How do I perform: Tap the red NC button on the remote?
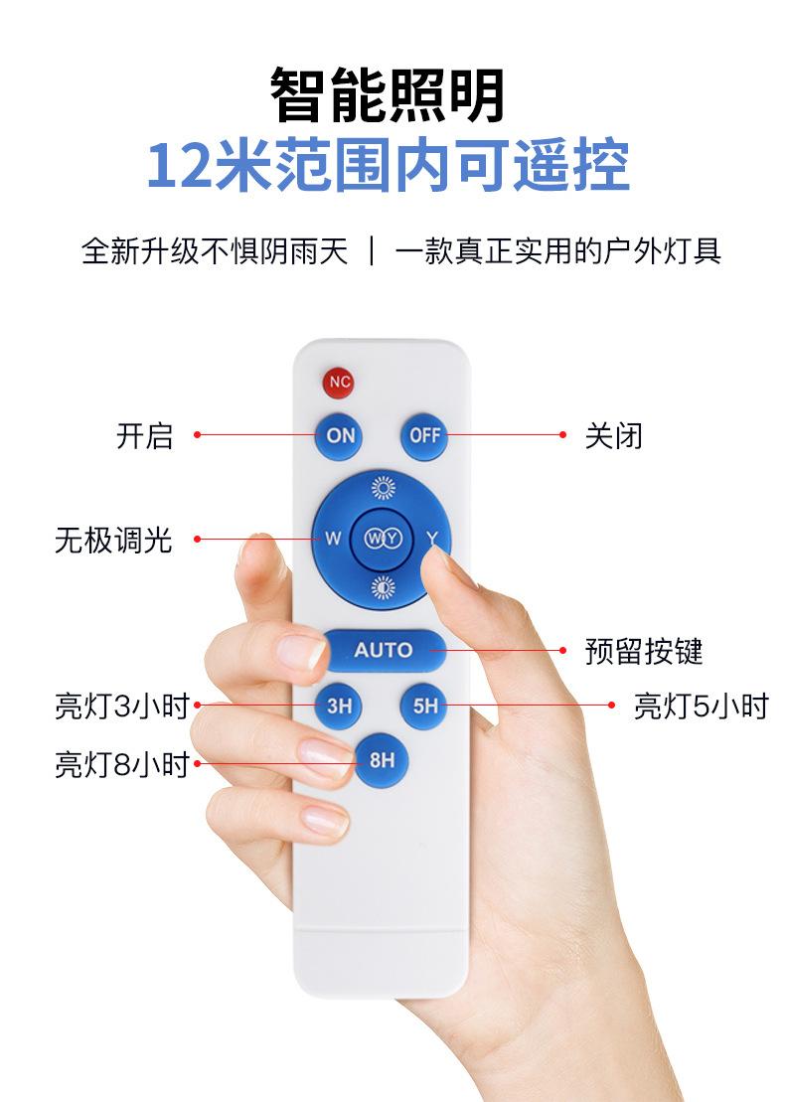click(x=339, y=382)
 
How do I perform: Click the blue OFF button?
click(x=424, y=435)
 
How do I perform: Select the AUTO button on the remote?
click(x=383, y=650)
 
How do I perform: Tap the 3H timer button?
click(x=339, y=707)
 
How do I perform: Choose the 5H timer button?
click(x=424, y=707)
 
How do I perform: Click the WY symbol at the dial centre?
click(x=382, y=539)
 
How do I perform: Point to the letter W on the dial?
click(x=333, y=540)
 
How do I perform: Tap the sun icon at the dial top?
click(x=382, y=488)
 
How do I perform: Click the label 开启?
click(x=144, y=435)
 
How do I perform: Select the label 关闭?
click(x=613, y=435)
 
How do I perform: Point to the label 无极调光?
click(x=112, y=540)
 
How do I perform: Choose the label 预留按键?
click(x=643, y=651)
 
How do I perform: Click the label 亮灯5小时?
click(x=701, y=707)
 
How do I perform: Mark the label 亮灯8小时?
click(x=121, y=764)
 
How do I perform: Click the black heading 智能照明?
click(x=389, y=95)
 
